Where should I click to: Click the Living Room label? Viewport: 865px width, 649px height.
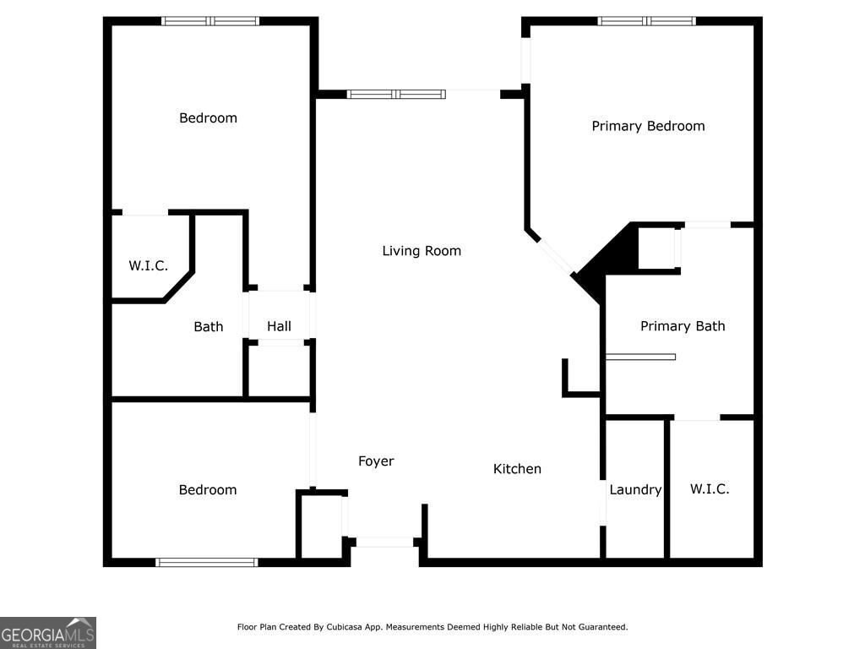click(422, 251)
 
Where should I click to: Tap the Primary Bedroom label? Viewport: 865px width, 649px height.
click(648, 126)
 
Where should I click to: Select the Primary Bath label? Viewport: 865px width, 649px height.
click(683, 326)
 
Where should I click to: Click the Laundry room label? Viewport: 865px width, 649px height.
click(635, 489)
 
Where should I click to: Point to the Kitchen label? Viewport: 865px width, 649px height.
click(517, 469)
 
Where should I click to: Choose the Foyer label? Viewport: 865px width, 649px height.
click(376, 461)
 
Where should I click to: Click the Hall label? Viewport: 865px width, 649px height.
click(279, 326)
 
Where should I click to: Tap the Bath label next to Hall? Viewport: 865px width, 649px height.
click(209, 326)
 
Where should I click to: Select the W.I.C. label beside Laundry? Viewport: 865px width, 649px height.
click(710, 489)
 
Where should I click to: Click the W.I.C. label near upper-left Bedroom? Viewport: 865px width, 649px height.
click(149, 265)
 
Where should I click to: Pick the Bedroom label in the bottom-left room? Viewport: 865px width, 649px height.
click(208, 490)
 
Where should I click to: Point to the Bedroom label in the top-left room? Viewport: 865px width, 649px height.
click(208, 118)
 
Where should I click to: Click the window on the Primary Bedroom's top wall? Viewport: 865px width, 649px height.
click(646, 21)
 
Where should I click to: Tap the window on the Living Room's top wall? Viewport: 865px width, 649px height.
click(396, 95)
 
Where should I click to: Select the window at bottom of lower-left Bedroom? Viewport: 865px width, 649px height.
click(207, 562)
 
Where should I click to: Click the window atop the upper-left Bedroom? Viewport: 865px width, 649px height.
click(210, 21)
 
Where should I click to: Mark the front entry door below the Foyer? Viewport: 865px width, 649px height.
click(383, 542)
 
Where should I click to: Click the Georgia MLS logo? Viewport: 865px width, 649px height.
click(48, 632)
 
